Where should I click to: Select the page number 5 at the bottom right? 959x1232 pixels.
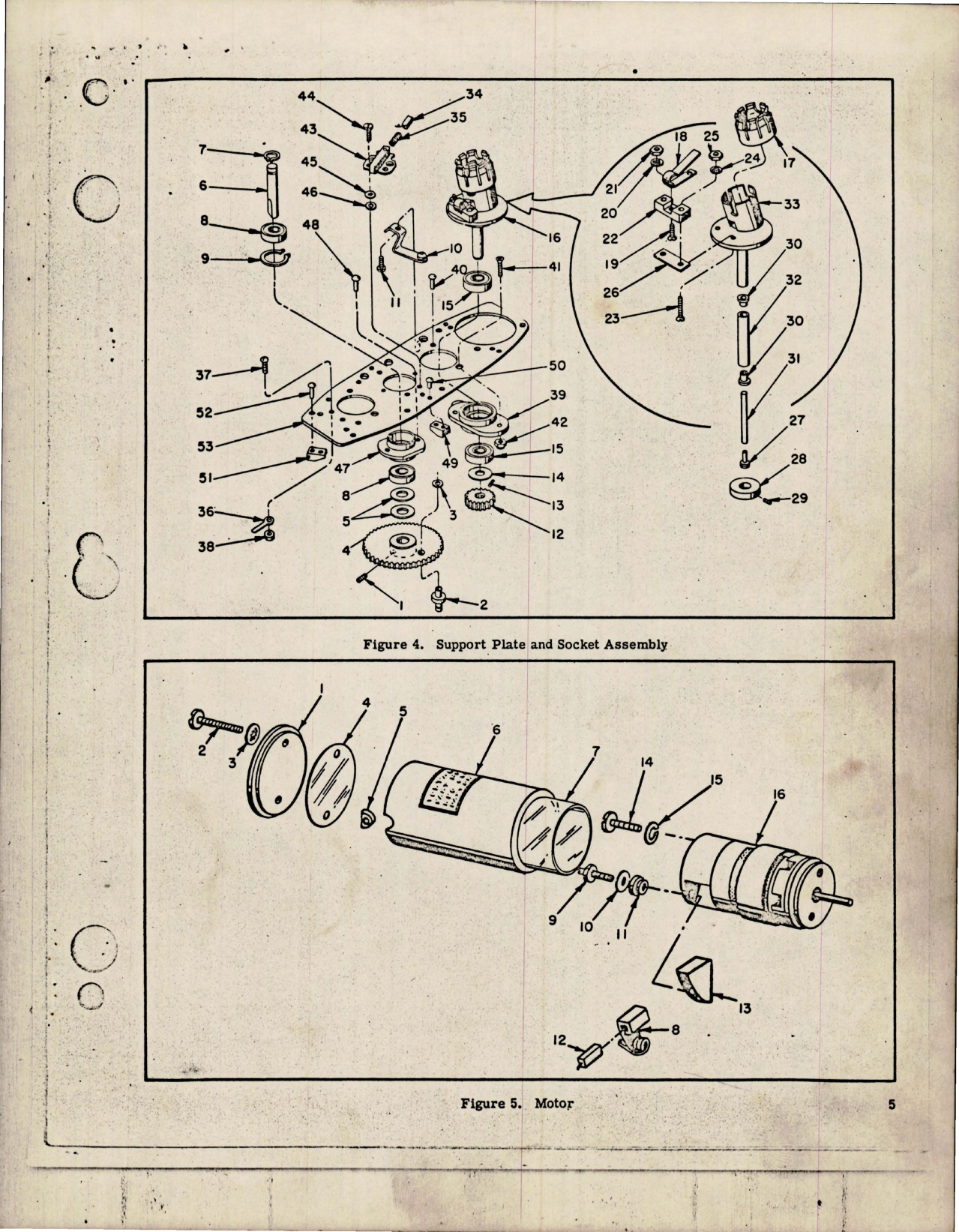(x=892, y=1104)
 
